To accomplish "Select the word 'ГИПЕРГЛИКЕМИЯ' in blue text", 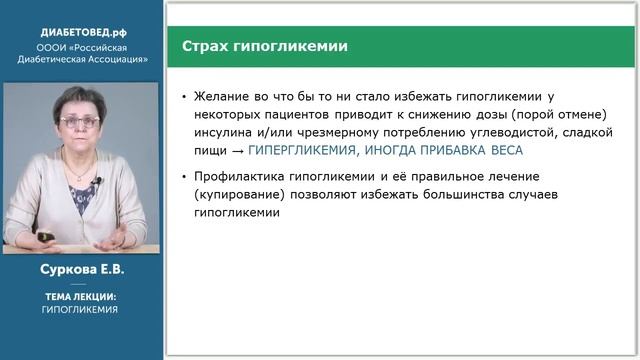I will (300, 150).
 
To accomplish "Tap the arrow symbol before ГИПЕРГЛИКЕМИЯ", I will (237, 150).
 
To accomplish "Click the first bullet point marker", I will (184, 98).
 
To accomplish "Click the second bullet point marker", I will (184, 178).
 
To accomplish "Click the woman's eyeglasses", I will (79, 121).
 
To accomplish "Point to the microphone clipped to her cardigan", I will (98, 182).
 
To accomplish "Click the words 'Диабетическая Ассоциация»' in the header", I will (82, 58).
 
